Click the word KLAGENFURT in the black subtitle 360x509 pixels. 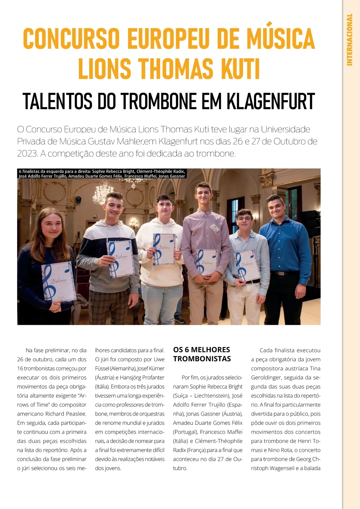tap(270, 101)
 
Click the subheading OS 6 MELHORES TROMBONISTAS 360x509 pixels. tap(202, 354)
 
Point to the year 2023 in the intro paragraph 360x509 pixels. tap(27, 153)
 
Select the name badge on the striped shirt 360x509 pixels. tap(214, 228)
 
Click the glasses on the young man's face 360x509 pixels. tap(244, 219)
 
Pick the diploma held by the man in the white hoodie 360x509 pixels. tap(164, 249)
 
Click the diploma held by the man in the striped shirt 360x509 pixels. tap(207, 262)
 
